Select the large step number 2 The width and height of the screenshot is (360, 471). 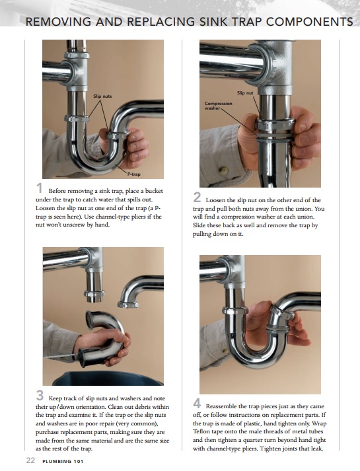(198, 197)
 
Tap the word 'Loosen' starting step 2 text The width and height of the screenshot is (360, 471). (219, 199)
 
